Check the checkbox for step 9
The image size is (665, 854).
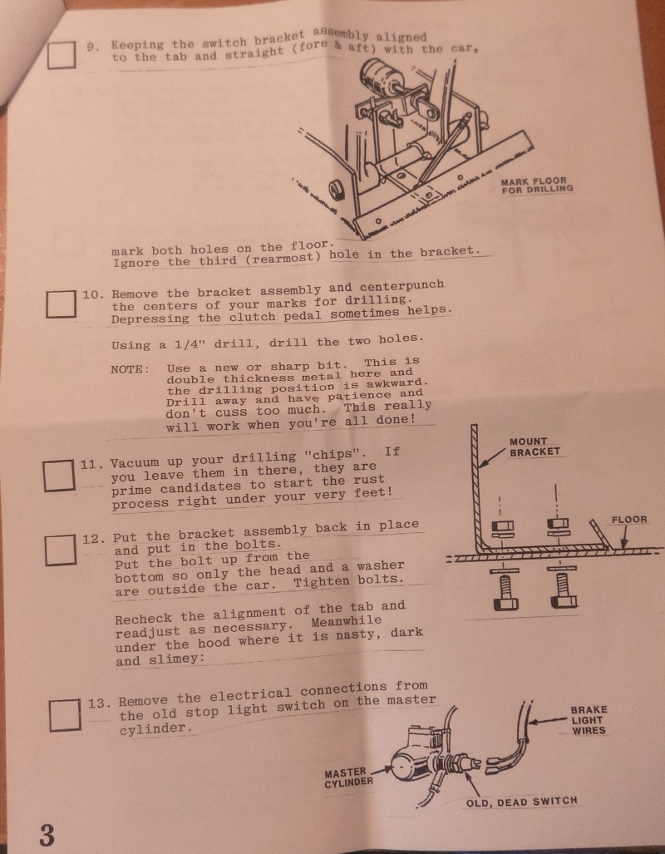[x=61, y=55]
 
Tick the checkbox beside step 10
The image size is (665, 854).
[x=61, y=304]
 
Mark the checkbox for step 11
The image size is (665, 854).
[x=58, y=475]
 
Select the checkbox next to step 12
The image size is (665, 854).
[x=60, y=550]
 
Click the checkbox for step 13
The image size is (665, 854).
[x=65, y=716]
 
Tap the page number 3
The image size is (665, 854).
[x=47, y=834]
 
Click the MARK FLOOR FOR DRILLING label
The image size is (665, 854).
[x=537, y=185]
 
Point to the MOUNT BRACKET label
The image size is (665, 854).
[x=534, y=447]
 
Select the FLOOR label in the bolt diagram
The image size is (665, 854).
[x=629, y=520]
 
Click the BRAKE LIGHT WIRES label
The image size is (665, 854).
[x=589, y=721]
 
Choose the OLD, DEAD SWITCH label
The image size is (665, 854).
[x=521, y=801]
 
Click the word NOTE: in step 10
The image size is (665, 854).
[x=130, y=369]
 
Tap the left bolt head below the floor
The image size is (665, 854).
[x=505, y=604]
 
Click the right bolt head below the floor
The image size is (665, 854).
[x=564, y=602]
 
